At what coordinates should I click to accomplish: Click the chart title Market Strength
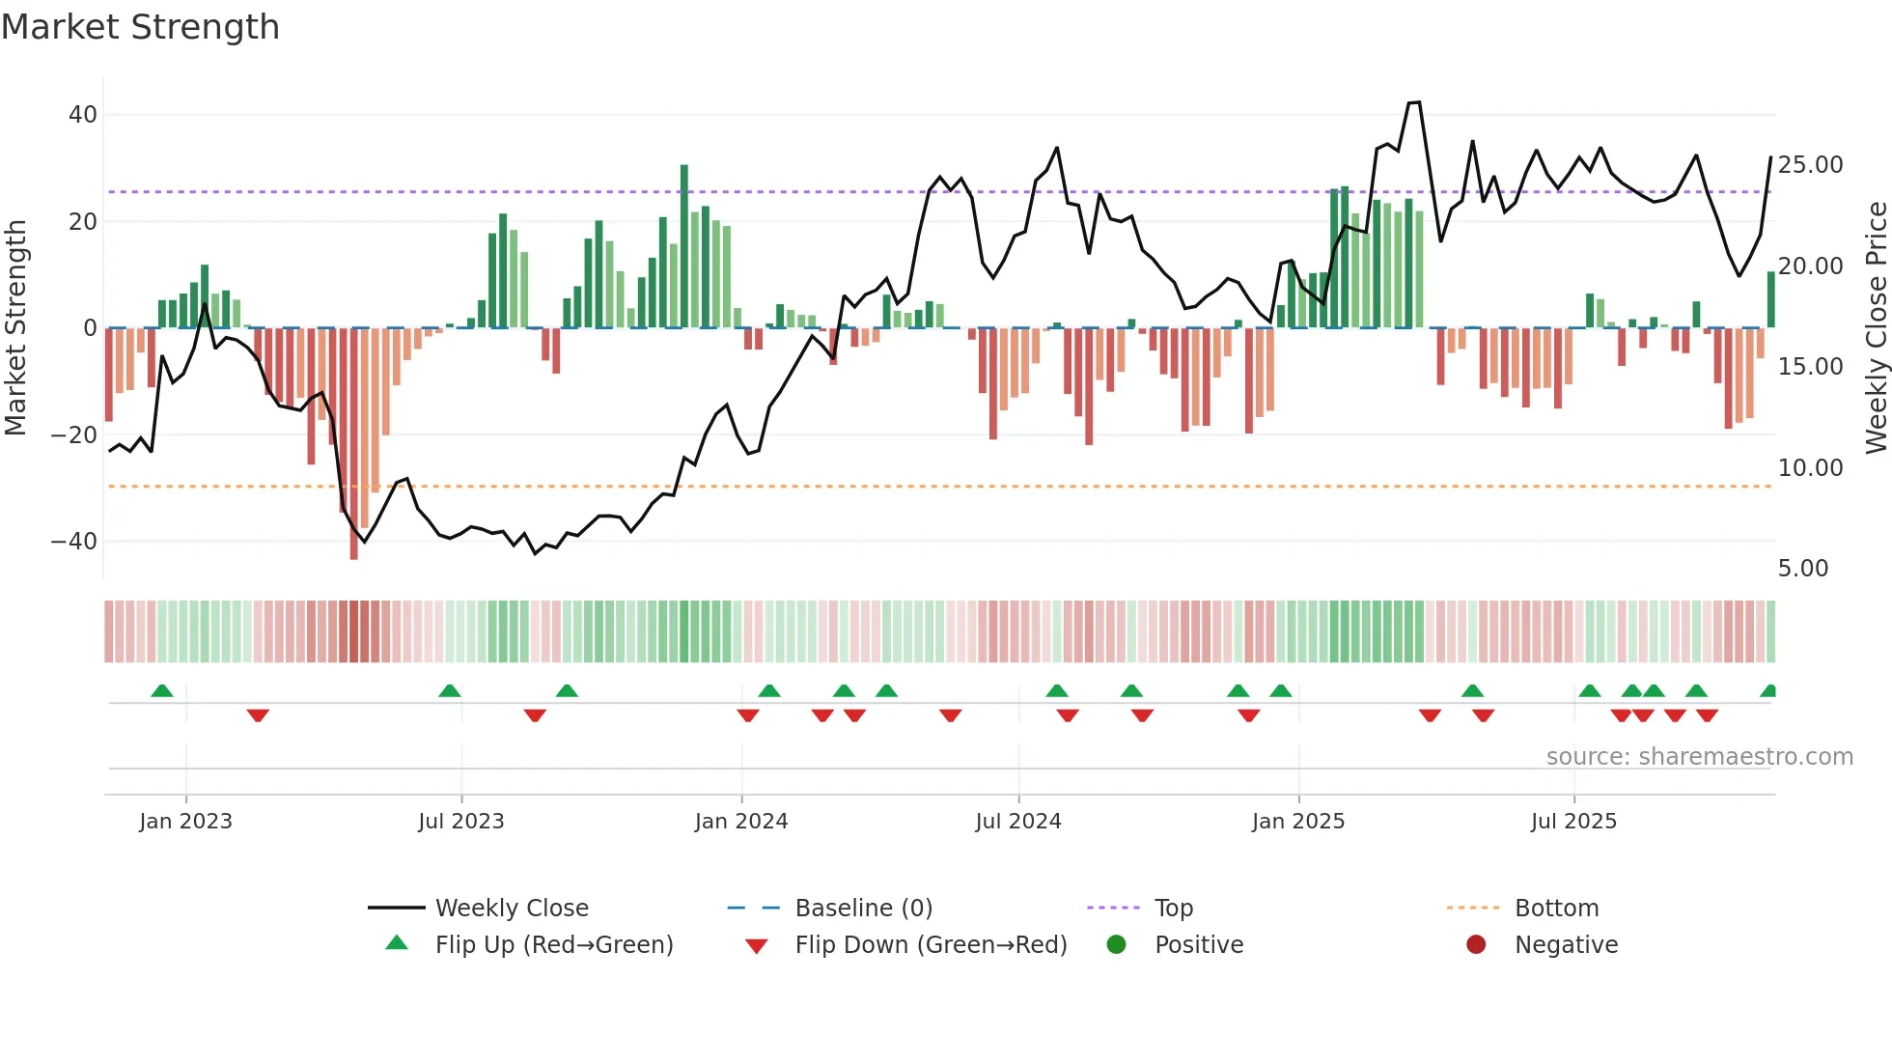[141, 27]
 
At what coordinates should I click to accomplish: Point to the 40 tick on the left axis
[83, 115]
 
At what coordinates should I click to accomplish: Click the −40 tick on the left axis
[74, 542]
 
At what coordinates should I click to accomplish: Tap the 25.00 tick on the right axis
[1810, 165]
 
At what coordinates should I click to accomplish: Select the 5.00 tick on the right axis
[1803, 569]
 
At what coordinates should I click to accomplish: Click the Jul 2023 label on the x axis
[461, 822]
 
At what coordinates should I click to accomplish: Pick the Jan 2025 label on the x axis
[1297, 822]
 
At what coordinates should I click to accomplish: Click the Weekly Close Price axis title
[1876, 328]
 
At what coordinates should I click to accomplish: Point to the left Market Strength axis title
[16, 328]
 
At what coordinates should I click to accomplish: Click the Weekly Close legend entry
[511, 909]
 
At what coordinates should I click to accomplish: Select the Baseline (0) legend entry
[863, 909]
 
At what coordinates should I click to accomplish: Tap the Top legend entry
[1173, 909]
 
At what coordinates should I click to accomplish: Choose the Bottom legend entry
[1556, 909]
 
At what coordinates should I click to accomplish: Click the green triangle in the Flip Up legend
[397, 943]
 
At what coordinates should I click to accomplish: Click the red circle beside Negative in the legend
[1476, 944]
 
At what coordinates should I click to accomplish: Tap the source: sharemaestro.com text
[1699, 757]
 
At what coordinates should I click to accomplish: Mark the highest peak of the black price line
[1415, 102]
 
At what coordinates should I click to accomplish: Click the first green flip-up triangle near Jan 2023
[162, 691]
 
